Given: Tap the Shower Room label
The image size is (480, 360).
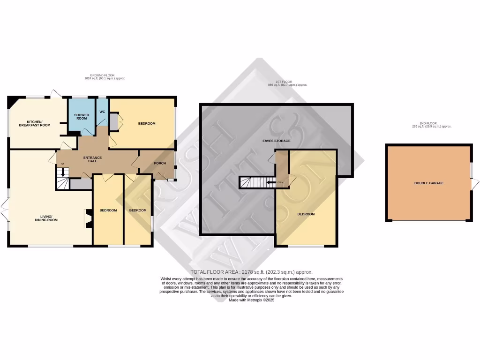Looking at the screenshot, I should pyautogui.click(x=82, y=117).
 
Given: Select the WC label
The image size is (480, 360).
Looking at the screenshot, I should pyautogui.click(x=102, y=112).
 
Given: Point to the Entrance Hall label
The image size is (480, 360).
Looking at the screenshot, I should pyautogui.click(x=93, y=159).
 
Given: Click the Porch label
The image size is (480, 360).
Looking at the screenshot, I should pyautogui.click(x=160, y=164).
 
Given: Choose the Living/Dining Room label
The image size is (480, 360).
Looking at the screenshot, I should pyautogui.click(x=45, y=218).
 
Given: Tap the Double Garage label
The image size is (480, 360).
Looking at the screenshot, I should pyautogui.click(x=428, y=183).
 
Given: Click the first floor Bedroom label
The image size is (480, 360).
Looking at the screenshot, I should pyautogui.click(x=306, y=214).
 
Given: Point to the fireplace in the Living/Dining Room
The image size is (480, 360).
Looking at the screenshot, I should pyautogui.click(x=87, y=218).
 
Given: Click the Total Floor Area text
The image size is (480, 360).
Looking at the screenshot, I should pyautogui.click(x=251, y=272).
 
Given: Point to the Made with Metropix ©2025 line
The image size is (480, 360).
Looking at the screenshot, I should pyautogui.click(x=251, y=300).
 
